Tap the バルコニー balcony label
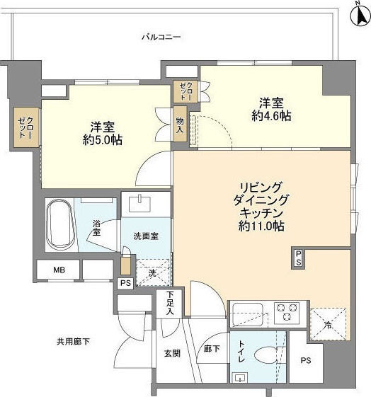(x=161, y=36)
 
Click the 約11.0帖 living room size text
(x=262, y=229)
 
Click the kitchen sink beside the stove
(x=249, y=311)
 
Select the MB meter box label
(x=59, y=270)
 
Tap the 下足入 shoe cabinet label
(x=170, y=302)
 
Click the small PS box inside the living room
(x=299, y=258)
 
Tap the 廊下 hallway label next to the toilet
(x=211, y=349)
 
